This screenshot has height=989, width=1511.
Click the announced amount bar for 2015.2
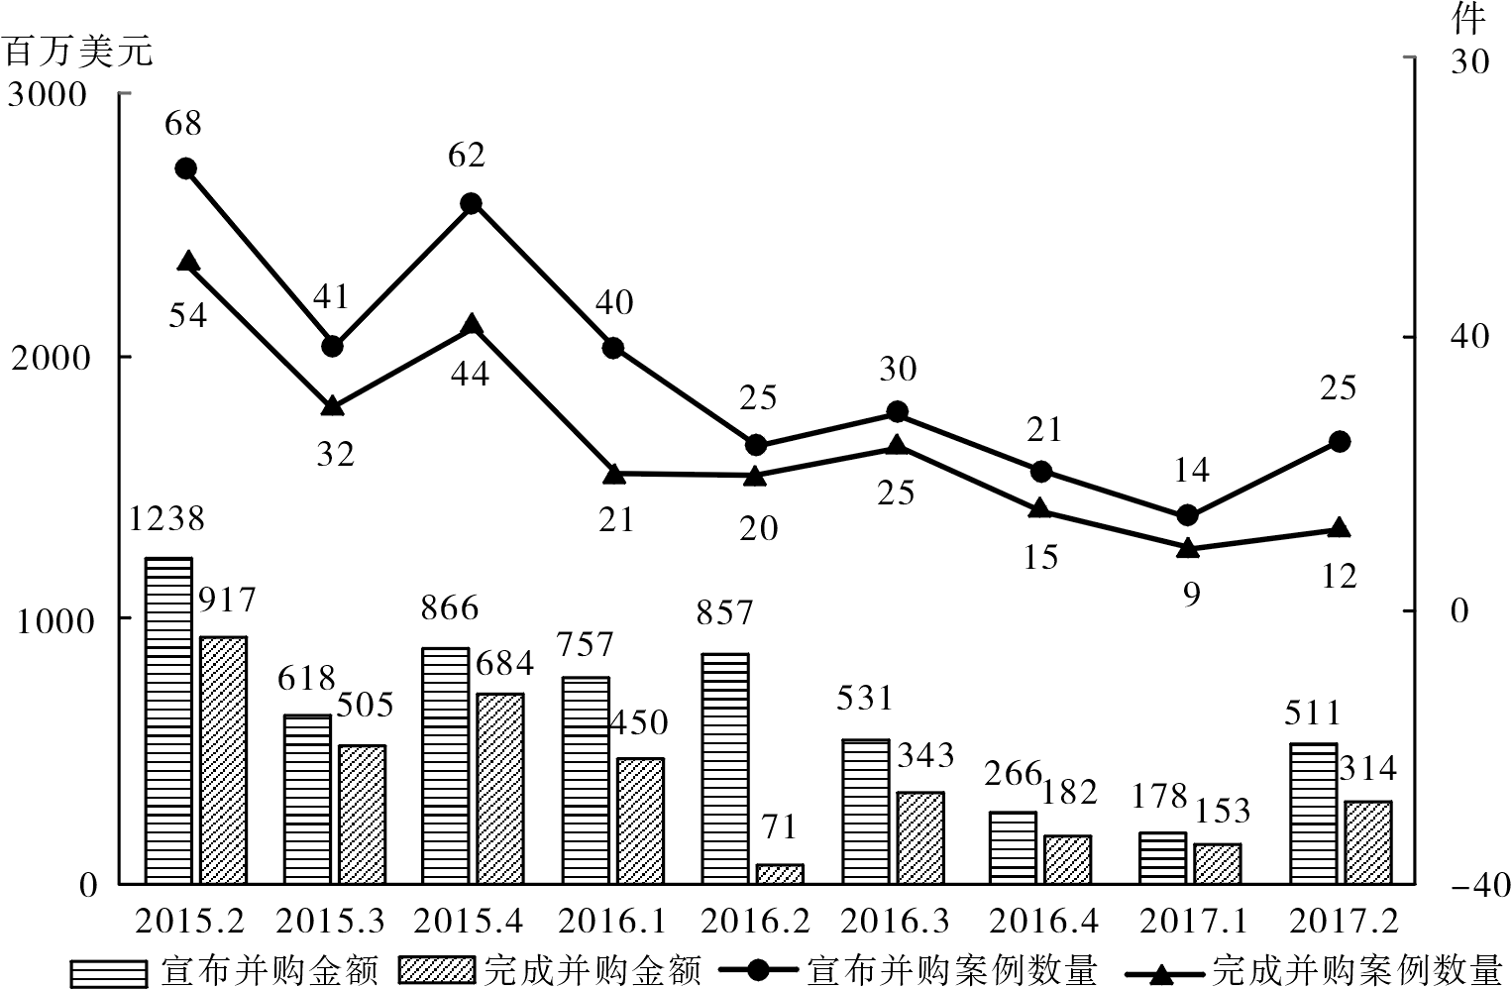168,720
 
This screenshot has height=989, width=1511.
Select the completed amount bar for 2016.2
780,873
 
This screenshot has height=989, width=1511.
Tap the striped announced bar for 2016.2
725,768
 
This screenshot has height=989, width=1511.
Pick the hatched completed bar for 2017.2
1368,842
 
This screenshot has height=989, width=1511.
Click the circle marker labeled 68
185,168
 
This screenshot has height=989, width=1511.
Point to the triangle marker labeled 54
188,262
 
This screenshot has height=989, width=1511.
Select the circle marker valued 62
471,203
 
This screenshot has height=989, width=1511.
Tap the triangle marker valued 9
1188,547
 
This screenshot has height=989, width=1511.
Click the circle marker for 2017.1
1188,515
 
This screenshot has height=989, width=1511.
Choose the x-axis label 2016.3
895,922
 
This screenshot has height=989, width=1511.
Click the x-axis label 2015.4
468,922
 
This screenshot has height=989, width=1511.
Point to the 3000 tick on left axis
50,95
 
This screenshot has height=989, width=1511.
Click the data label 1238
166,518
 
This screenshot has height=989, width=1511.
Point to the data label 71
779,826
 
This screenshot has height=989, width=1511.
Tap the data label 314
1367,769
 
